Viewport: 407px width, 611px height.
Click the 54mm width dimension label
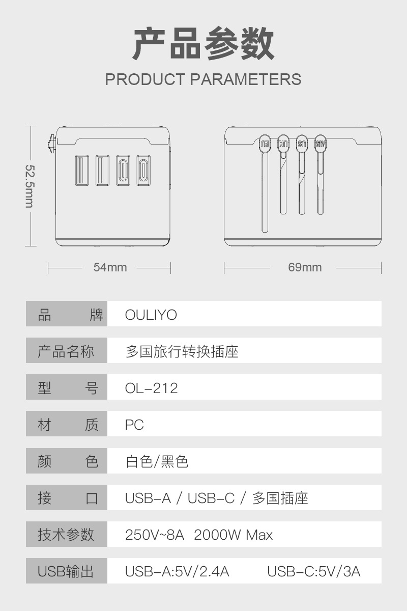pos(110,267)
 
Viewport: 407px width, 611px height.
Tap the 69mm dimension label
pos(305,267)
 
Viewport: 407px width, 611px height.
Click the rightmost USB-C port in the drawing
pos(143,170)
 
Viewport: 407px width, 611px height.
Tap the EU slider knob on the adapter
pos(265,143)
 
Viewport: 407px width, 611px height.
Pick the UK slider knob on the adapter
pos(284,143)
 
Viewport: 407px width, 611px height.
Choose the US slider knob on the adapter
pos(302,143)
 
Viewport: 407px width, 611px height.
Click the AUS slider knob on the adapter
pos(320,143)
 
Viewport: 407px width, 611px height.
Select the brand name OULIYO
pos(151,315)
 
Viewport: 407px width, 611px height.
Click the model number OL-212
pos(152,388)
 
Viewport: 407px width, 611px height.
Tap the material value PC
pos(134,425)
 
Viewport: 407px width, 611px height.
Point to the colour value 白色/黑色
pos(157,462)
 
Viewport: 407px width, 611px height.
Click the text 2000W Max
pos(233,535)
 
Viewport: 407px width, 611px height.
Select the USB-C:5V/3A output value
pos(313,572)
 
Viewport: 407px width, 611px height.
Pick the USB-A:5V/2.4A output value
pos(177,572)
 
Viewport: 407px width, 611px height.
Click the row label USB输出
pos(66,572)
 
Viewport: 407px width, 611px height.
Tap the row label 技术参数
pos(66,535)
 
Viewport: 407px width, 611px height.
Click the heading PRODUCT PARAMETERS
pos(203,79)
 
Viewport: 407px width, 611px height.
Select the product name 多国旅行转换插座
pos(182,352)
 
